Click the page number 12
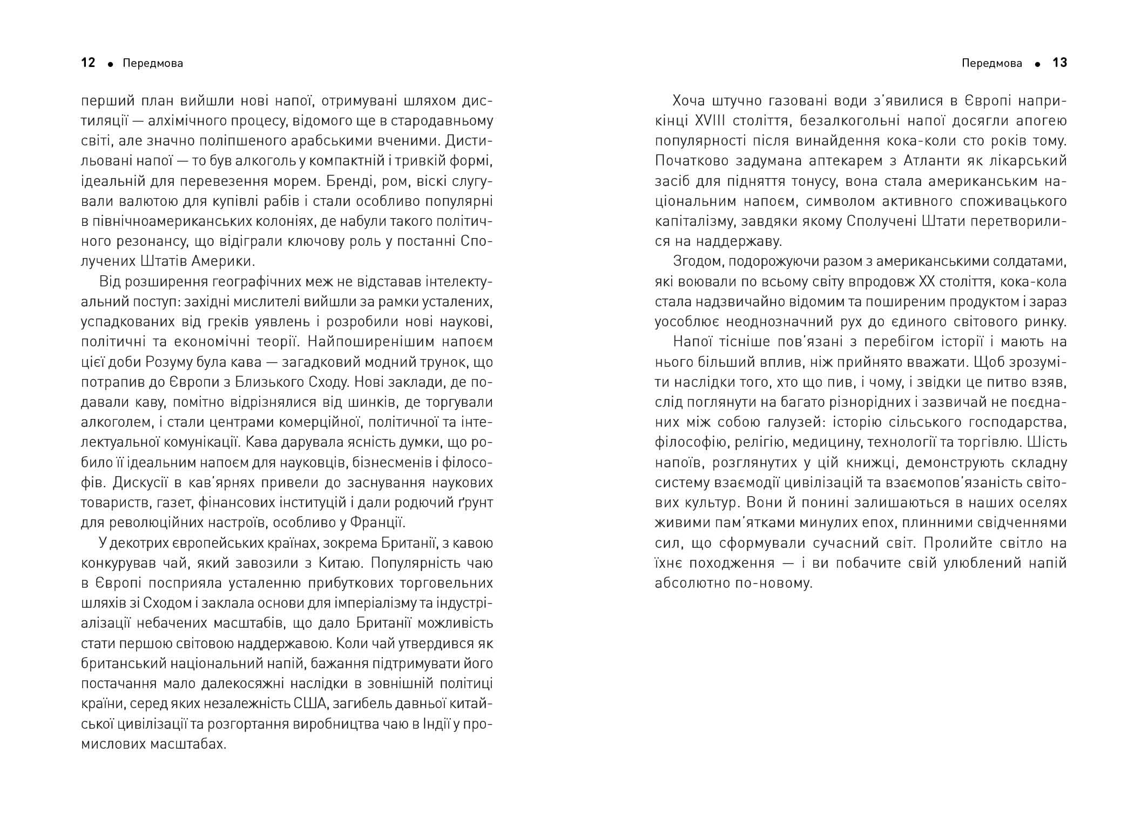(88, 63)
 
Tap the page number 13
(1060, 63)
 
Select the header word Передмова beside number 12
(153, 64)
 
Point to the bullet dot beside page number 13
(1037, 64)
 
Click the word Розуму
(176, 362)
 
